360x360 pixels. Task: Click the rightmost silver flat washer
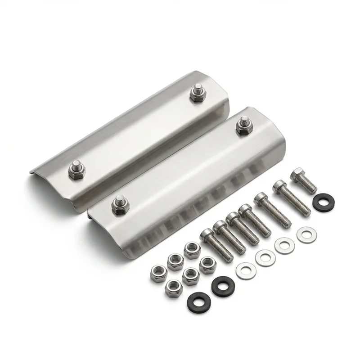pos(307,234)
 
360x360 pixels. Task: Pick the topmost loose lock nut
pos(192,247)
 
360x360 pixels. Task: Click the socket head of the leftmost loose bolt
pos(207,234)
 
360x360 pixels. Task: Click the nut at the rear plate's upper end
pos(196,94)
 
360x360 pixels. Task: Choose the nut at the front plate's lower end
pos(120,205)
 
